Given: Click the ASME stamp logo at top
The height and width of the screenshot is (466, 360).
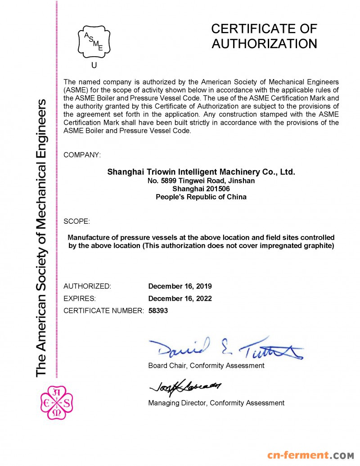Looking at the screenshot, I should (x=94, y=41).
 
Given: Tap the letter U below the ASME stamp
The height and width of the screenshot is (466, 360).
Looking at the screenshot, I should (x=94, y=65).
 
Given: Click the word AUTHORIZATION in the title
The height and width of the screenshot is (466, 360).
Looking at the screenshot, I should (x=264, y=44).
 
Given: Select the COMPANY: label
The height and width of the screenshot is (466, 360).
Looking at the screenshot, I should (x=82, y=155).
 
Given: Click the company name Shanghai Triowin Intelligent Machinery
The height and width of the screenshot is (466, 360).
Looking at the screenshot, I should (x=201, y=172).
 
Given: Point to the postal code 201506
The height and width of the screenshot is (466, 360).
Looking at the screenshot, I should (x=218, y=189).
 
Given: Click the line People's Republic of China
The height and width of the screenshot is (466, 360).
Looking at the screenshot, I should (x=201, y=197).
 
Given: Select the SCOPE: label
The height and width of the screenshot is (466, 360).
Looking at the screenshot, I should (x=77, y=222).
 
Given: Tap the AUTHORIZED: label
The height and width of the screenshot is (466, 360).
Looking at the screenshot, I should (x=87, y=286).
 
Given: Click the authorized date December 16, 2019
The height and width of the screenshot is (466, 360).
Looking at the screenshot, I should (x=180, y=286).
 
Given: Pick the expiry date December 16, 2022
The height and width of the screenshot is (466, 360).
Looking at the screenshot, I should (x=180, y=299).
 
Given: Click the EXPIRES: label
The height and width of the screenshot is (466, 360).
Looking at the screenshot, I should (x=80, y=299).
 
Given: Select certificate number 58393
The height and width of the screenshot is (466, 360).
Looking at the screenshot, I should (x=158, y=311).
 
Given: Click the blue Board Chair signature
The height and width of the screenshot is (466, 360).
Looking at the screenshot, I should (x=225, y=348).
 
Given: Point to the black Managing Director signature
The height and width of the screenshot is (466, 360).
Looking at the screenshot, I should (x=185, y=386).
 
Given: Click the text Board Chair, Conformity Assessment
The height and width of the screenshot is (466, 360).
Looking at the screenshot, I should (x=206, y=366).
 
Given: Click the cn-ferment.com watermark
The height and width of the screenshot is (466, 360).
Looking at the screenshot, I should (x=311, y=456).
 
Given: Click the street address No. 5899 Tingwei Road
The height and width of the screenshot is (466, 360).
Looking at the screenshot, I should (x=201, y=181).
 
